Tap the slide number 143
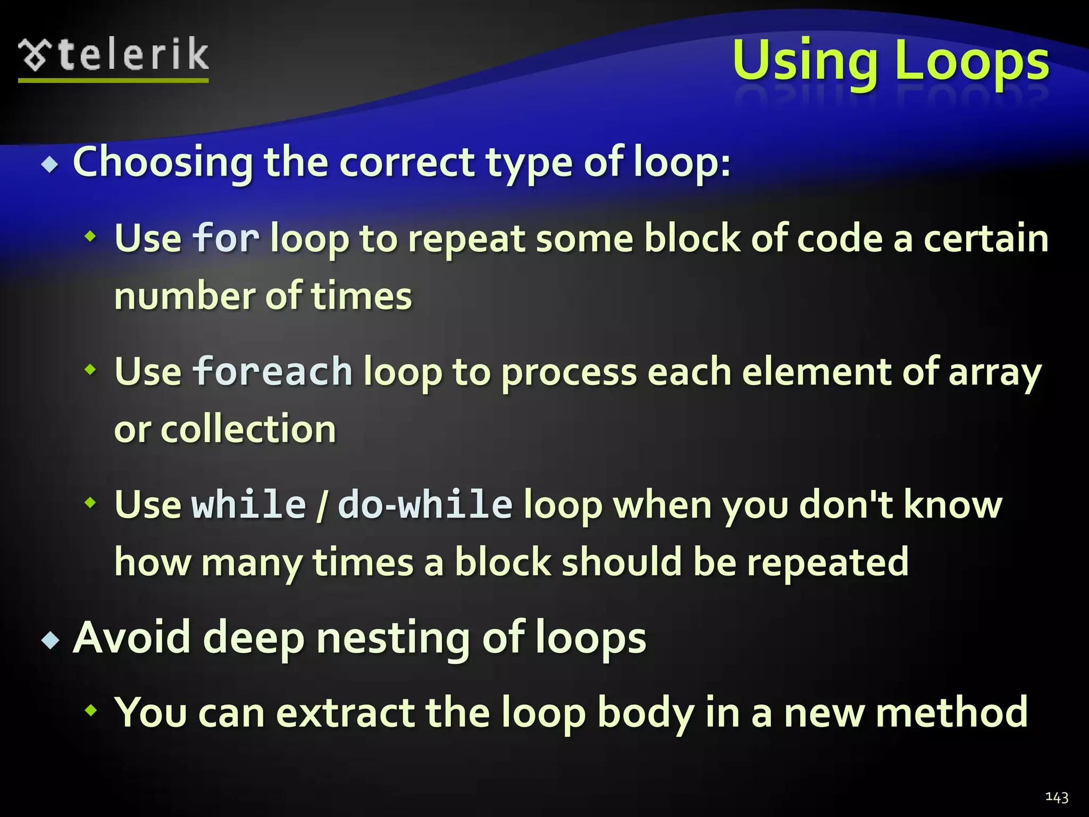(1057, 797)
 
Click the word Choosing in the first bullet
(163, 162)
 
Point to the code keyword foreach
(272, 371)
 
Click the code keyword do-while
(425, 504)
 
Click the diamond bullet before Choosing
(50, 165)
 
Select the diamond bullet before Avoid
(50, 640)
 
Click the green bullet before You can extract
(91, 710)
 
